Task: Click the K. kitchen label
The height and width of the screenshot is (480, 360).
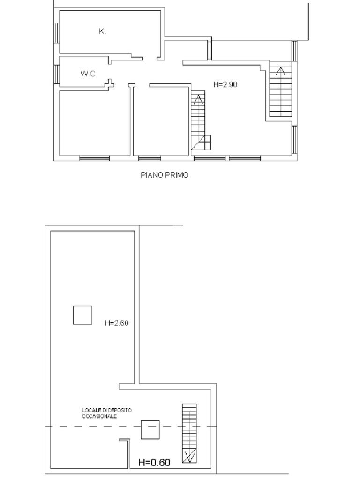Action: pos(102,31)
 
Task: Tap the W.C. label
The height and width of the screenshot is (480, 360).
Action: pos(89,74)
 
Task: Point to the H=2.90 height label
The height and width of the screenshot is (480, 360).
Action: pos(225,84)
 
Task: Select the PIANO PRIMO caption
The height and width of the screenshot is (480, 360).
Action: pos(165,175)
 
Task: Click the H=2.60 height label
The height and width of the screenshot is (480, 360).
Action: pos(116,323)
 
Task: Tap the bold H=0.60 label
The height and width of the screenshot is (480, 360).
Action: pos(154,463)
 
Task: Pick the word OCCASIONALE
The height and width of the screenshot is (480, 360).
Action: pos(99,416)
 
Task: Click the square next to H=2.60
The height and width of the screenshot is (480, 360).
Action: pos(82,315)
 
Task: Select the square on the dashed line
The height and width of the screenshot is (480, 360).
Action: pos(150,430)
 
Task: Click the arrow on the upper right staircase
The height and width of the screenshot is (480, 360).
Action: pos(280,71)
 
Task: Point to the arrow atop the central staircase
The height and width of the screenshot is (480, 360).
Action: pos(198,99)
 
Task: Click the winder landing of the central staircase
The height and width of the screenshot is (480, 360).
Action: pos(201,142)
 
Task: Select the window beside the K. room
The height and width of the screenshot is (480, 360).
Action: pos(57,32)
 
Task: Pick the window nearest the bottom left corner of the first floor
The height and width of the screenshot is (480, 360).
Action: pos(94,158)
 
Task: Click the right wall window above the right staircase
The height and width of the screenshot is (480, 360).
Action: pos(294,51)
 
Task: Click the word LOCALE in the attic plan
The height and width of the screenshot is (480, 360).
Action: pos(89,410)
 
